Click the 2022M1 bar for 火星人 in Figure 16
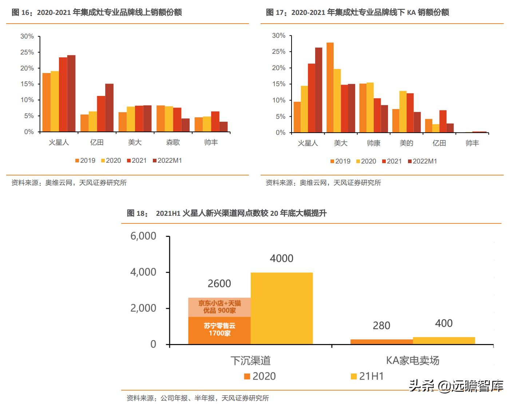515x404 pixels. point(71,94)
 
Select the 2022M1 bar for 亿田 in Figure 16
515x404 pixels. point(109,108)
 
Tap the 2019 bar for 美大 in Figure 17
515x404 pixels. point(330,88)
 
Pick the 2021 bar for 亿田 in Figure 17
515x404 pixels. point(443,121)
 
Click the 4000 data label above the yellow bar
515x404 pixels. point(281,259)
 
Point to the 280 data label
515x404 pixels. point(381,326)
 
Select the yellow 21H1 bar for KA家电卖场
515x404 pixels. point(444,341)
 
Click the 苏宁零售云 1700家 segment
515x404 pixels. point(219,330)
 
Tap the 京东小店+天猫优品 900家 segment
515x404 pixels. point(219,307)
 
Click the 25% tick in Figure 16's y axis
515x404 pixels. point(27,52)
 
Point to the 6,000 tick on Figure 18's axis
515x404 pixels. point(143,236)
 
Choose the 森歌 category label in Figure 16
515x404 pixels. point(173,142)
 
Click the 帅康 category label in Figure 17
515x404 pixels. point(373,143)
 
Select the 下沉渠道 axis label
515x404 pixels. point(250,360)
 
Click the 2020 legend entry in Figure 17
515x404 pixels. point(366,161)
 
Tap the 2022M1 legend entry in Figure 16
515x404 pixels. point(167,161)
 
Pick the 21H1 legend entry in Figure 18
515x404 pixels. point(368,376)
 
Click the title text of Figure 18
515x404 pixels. point(226,213)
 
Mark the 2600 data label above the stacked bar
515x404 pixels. point(219,284)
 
